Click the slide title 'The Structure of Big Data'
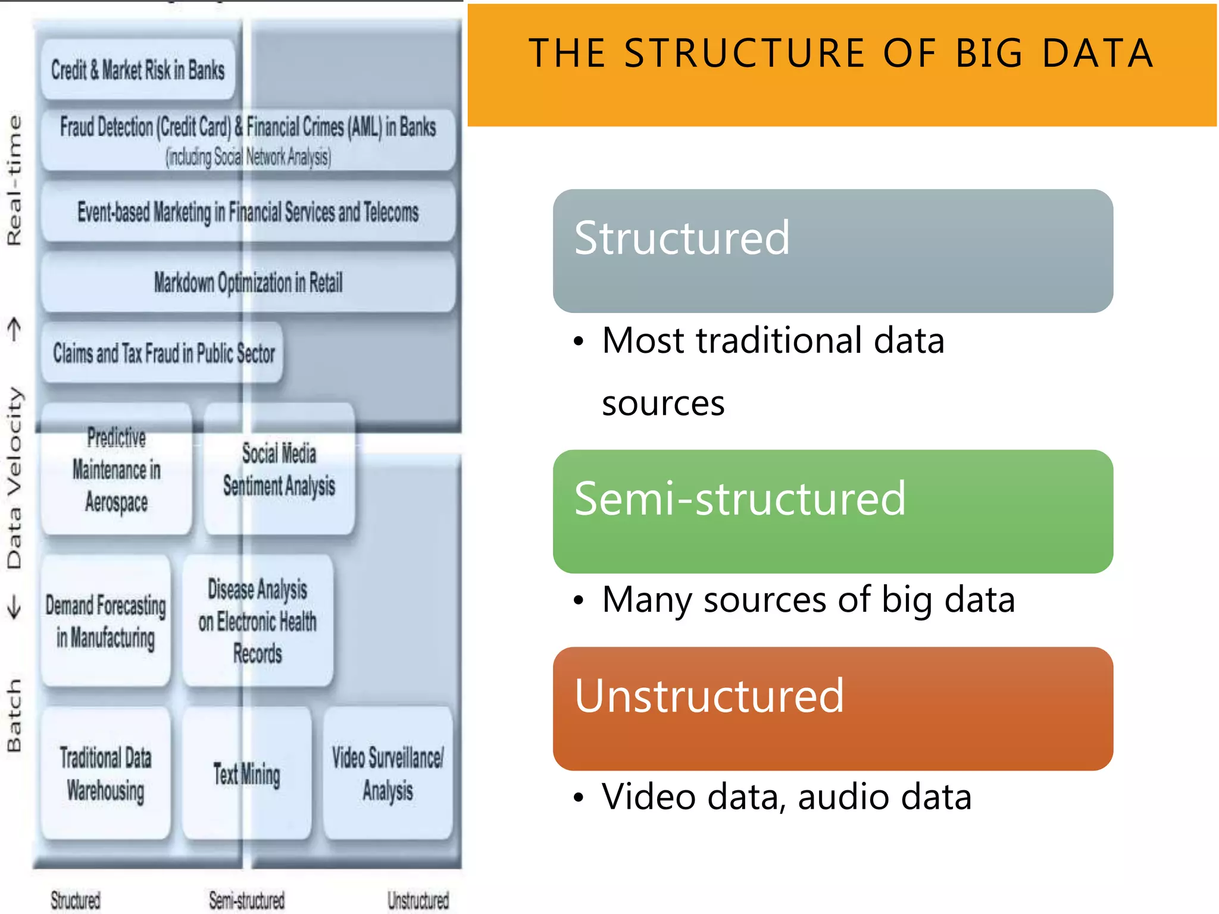tap(841, 54)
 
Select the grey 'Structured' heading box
tap(832, 251)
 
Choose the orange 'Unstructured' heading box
tap(832, 708)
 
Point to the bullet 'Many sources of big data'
tap(808, 599)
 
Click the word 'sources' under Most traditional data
tap(663, 403)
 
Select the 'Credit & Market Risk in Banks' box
tap(138, 70)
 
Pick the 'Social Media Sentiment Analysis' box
tap(279, 470)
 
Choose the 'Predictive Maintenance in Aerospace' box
tap(117, 470)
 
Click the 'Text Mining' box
tap(247, 774)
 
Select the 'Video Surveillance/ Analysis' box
tap(387, 774)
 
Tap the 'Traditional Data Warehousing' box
tap(106, 774)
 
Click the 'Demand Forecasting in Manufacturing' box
tap(106, 621)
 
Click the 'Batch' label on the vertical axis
tap(14, 715)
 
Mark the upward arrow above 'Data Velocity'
tap(14, 329)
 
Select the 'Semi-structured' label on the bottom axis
tap(246, 900)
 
